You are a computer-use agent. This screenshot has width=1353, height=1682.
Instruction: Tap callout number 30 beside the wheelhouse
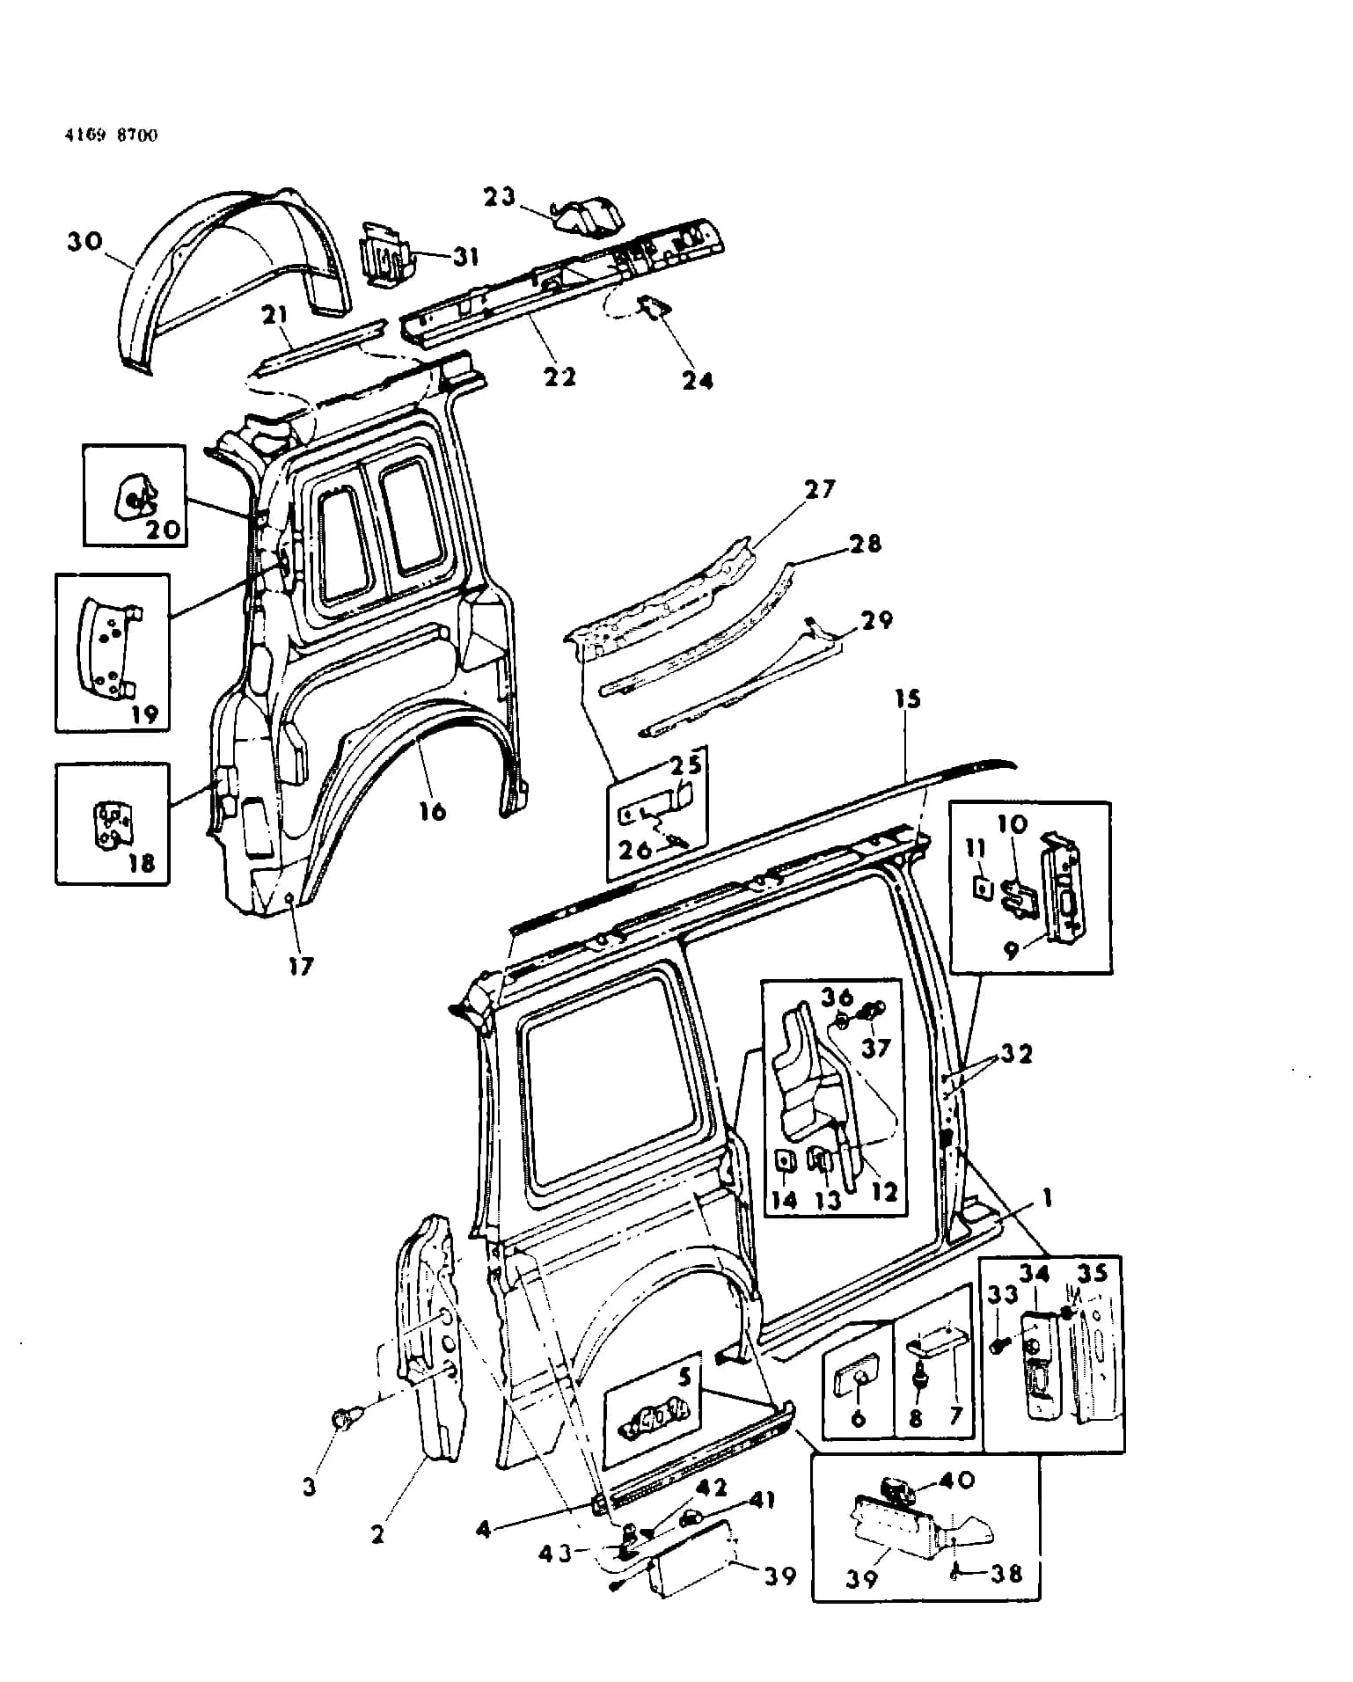click(x=85, y=241)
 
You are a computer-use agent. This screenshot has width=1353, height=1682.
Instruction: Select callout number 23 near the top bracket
click(x=499, y=196)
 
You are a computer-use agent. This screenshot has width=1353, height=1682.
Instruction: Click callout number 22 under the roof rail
click(x=559, y=376)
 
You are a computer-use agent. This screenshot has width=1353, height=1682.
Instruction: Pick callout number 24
click(x=698, y=380)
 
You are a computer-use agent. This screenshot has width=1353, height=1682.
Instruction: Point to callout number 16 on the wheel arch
click(x=432, y=810)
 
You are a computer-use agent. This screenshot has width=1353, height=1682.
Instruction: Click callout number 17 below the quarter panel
click(x=301, y=966)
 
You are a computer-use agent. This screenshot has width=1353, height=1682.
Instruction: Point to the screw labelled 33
click(x=999, y=1345)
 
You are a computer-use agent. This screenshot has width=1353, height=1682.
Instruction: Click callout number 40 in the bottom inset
click(x=958, y=1481)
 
